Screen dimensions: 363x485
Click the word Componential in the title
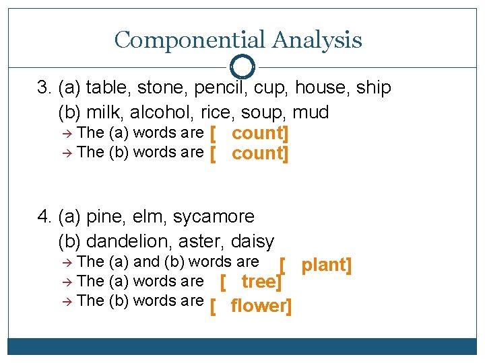(190, 40)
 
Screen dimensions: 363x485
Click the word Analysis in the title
(317, 40)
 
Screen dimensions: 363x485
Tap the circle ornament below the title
(242, 67)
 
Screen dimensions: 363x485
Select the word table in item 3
(105, 88)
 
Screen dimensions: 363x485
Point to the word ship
(373, 88)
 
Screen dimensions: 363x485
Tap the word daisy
(252, 241)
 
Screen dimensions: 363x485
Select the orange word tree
(258, 282)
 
